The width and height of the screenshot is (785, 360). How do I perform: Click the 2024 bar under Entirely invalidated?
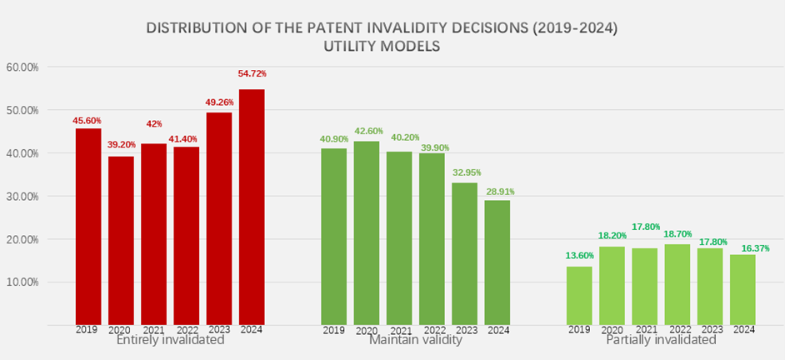tap(252, 207)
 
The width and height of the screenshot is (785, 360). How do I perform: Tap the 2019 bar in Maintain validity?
tap(334, 237)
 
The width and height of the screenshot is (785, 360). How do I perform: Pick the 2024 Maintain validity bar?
tap(497, 262)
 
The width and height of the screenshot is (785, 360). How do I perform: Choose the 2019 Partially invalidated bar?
tap(579, 295)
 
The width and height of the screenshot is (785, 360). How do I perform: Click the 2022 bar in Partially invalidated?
tap(677, 284)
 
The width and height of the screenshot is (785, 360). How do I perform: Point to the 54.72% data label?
tap(252, 74)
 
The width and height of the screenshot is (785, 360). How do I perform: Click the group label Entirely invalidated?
tap(170, 340)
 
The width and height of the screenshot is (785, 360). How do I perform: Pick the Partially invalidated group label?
tap(662, 340)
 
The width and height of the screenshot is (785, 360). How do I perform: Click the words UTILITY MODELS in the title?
tap(382, 47)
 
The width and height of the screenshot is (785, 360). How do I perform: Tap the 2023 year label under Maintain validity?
tap(465, 329)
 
